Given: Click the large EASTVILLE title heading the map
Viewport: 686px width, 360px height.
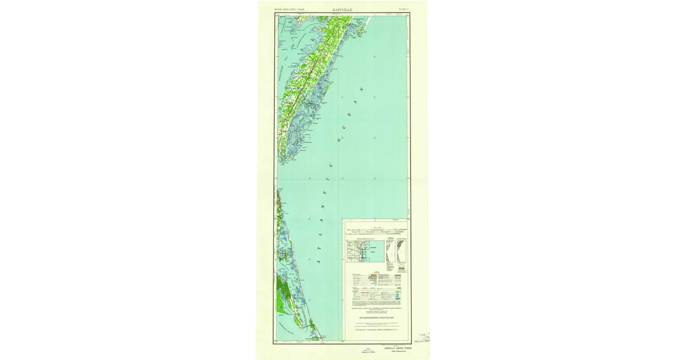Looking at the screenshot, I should coord(342,10).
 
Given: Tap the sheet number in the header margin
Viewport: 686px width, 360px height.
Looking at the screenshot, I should coord(404,10).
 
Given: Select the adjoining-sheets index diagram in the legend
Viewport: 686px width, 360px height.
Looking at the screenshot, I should coord(359,251).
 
